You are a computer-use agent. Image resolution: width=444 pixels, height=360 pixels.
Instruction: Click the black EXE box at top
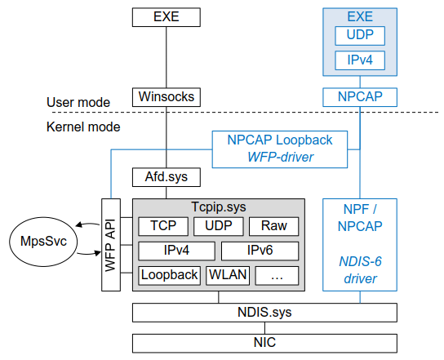tap(166, 16)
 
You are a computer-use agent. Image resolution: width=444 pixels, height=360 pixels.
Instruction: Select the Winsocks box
tap(166, 97)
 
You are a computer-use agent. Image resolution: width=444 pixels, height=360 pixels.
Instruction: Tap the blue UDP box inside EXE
tap(360, 36)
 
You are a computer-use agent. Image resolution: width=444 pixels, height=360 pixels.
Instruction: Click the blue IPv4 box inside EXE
tap(360, 60)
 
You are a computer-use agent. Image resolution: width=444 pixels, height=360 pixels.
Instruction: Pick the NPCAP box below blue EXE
tap(360, 97)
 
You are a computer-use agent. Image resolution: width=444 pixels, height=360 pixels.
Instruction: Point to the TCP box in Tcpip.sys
tap(163, 226)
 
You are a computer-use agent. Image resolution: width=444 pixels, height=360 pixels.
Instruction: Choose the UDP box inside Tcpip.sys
tap(218, 226)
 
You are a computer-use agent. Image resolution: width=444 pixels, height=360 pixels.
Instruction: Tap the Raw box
tap(273, 226)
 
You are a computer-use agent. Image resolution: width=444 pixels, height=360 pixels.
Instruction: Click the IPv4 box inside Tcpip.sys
tap(176, 251)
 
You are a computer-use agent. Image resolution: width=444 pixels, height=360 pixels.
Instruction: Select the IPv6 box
tap(260, 251)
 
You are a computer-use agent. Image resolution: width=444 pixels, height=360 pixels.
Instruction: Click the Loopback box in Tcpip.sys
tap(169, 275)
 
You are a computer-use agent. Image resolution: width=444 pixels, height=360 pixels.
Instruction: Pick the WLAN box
tap(228, 275)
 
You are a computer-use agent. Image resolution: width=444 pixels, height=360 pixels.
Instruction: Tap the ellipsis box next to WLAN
tap(277, 275)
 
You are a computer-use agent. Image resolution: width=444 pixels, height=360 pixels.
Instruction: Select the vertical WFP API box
tap(111, 244)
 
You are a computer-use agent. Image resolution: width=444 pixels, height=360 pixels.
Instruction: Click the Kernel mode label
tap(83, 127)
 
